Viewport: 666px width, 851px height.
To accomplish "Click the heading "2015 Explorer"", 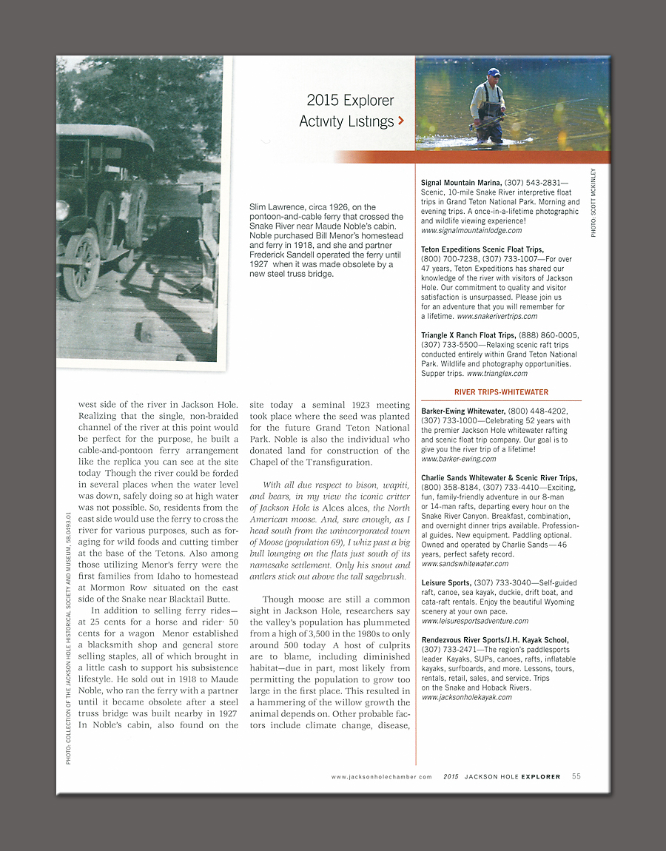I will (x=350, y=101).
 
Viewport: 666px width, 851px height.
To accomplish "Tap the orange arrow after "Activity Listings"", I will (x=400, y=121).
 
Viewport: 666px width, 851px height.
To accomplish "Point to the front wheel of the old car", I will (x=81, y=263).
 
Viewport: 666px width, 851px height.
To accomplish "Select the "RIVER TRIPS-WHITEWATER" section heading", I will (x=501, y=391).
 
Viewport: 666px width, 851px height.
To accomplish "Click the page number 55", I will (x=576, y=776).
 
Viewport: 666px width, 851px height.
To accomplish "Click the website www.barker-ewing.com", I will (x=458, y=459).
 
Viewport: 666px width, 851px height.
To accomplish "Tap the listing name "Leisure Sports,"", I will (x=446, y=583).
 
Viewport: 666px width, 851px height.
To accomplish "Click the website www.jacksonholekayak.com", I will (x=466, y=697).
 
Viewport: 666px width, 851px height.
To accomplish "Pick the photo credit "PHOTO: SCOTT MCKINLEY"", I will (x=593, y=201).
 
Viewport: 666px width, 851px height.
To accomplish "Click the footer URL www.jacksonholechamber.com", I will (x=381, y=777).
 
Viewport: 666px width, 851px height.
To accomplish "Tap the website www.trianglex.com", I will (x=497, y=374).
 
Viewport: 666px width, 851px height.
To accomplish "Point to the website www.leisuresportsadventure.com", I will (x=474, y=621).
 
